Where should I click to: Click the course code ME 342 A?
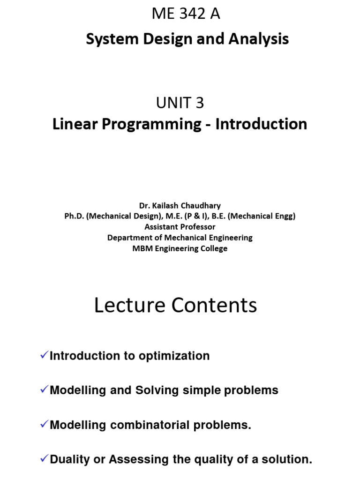click(x=186, y=15)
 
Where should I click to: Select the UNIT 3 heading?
click(x=180, y=102)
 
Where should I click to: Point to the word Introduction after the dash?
click(x=261, y=124)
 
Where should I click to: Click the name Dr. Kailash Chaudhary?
click(x=180, y=206)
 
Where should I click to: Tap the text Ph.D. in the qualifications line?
click(x=75, y=216)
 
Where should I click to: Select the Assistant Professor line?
click(x=180, y=227)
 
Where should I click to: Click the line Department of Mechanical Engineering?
click(x=180, y=238)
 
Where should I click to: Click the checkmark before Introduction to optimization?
click(x=44, y=356)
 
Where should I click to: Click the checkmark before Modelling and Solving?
click(x=44, y=390)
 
